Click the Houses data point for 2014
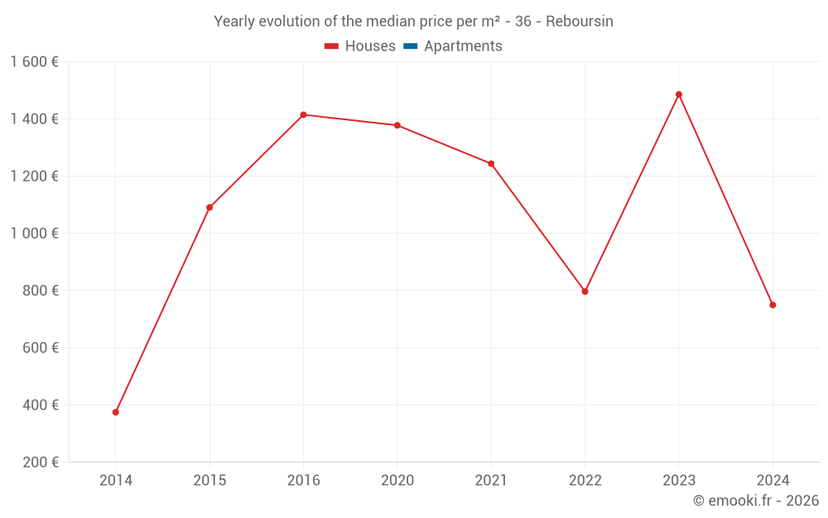pos(116,412)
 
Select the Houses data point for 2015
pos(209,207)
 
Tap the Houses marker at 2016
pos(303,114)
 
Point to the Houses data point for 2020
pos(397,125)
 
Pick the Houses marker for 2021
pos(491,163)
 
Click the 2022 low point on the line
pos(585,292)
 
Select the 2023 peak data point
pos(679,94)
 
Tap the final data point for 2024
pos(773,305)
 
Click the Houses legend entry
pos(360,46)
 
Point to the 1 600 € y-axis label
pos(34,62)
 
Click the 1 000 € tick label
pos(34,234)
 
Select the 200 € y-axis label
pos(41,462)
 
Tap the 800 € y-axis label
pos(41,291)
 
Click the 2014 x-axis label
pos(116,481)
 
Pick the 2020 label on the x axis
pos(397,481)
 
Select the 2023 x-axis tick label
pos(679,481)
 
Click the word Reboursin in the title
pos(579,22)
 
